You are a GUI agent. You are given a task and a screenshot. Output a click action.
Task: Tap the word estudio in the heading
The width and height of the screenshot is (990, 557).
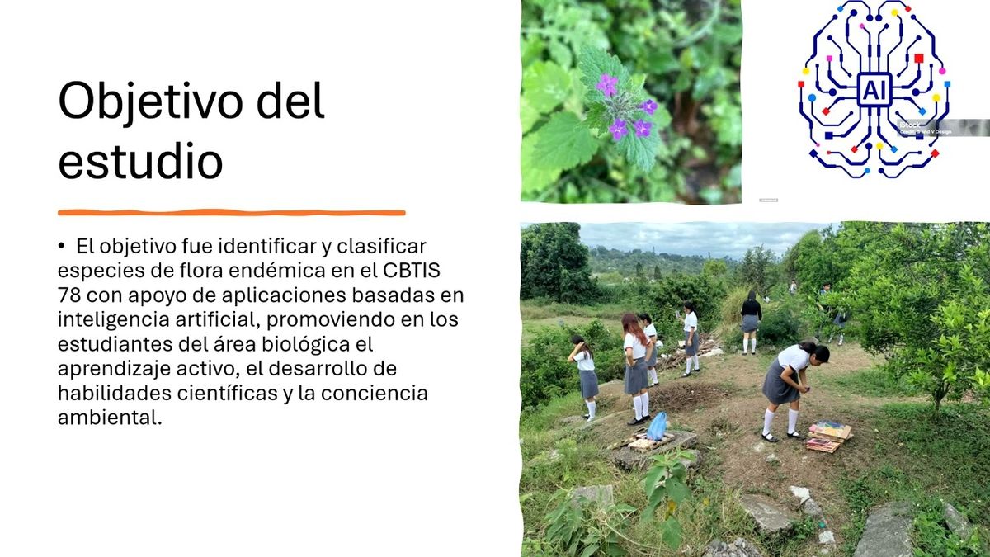(140, 162)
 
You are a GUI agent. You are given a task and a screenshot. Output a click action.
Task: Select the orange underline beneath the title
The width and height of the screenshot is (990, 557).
(231, 213)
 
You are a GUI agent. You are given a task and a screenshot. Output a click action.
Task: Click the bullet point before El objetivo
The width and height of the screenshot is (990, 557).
(61, 246)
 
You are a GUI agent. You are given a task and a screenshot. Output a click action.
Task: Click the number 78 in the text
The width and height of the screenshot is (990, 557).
(69, 295)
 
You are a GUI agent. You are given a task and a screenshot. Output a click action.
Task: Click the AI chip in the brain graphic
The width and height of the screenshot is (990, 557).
(871, 88)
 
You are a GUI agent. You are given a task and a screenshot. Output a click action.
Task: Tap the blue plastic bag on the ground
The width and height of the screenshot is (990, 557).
(657, 426)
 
